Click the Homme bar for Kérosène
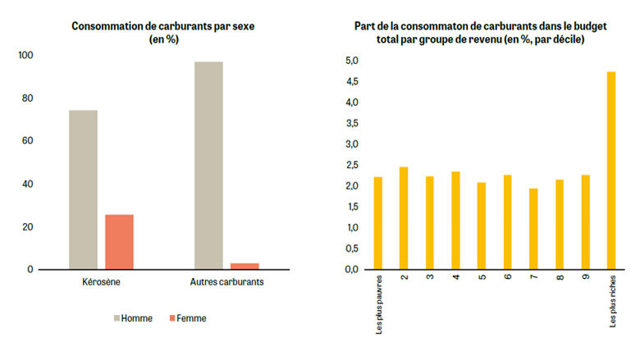(83, 189)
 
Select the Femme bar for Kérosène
(119, 241)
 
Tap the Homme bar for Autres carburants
(208, 165)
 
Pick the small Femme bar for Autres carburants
(245, 266)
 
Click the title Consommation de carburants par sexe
(163, 26)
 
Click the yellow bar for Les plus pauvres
(378, 223)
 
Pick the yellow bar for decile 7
(533, 229)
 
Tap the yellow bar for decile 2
(404, 218)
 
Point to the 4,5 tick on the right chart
(351, 82)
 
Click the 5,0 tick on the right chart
(351, 61)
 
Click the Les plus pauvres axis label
(379, 305)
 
